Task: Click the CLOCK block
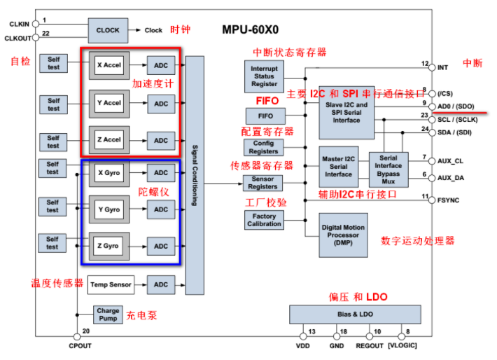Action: [107, 30]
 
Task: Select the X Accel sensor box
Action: [108, 65]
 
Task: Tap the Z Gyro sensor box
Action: [108, 247]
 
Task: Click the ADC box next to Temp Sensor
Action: [161, 284]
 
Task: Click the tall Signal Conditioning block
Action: [195, 175]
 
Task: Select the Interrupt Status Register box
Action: [264, 76]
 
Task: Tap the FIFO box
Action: [265, 116]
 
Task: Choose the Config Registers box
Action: [264, 147]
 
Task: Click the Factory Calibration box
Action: [264, 220]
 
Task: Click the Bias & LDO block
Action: [353, 314]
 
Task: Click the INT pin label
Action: [443, 67]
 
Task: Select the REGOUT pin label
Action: [370, 346]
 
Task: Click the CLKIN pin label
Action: [18, 24]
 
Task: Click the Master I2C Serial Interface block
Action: [338, 167]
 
